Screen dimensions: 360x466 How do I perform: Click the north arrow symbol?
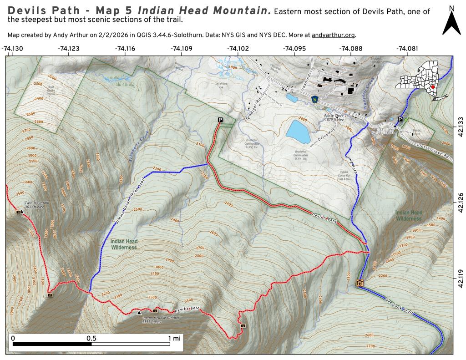pos(451,23)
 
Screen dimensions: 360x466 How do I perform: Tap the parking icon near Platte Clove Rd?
pos(400,119)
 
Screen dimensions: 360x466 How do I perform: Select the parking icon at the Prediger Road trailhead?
pos(220,120)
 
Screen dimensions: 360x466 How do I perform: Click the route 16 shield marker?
pos(314,98)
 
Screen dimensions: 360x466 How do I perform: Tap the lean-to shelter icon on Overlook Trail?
pos(360,283)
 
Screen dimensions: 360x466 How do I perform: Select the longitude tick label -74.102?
pos(238,48)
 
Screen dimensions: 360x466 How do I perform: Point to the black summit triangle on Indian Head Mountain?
pos(139,312)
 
